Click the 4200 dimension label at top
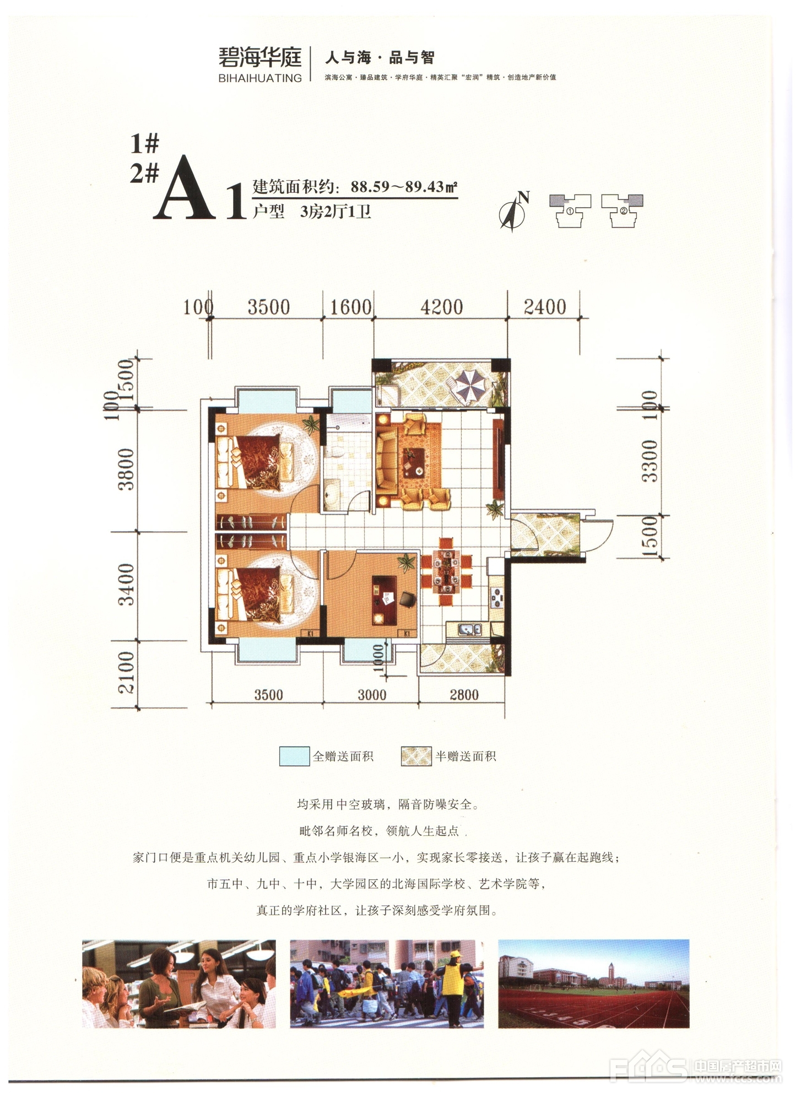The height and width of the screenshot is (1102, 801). coord(441,307)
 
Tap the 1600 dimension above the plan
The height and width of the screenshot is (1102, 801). coord(351,307)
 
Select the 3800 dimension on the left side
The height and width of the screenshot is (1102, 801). coord(126,469)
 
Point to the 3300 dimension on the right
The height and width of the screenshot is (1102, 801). coord(650,461)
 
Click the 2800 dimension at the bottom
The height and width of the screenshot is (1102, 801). coord(464,695)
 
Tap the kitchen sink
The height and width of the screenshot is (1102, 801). coord(466,629)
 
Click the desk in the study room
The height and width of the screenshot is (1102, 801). coord(385,600)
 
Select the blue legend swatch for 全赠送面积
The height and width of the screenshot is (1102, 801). coord(294,757)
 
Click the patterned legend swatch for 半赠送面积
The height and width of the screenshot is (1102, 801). coord(416,757)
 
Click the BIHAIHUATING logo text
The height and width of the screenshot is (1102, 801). coord(260,78)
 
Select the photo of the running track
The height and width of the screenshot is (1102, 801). coord(593,984)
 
